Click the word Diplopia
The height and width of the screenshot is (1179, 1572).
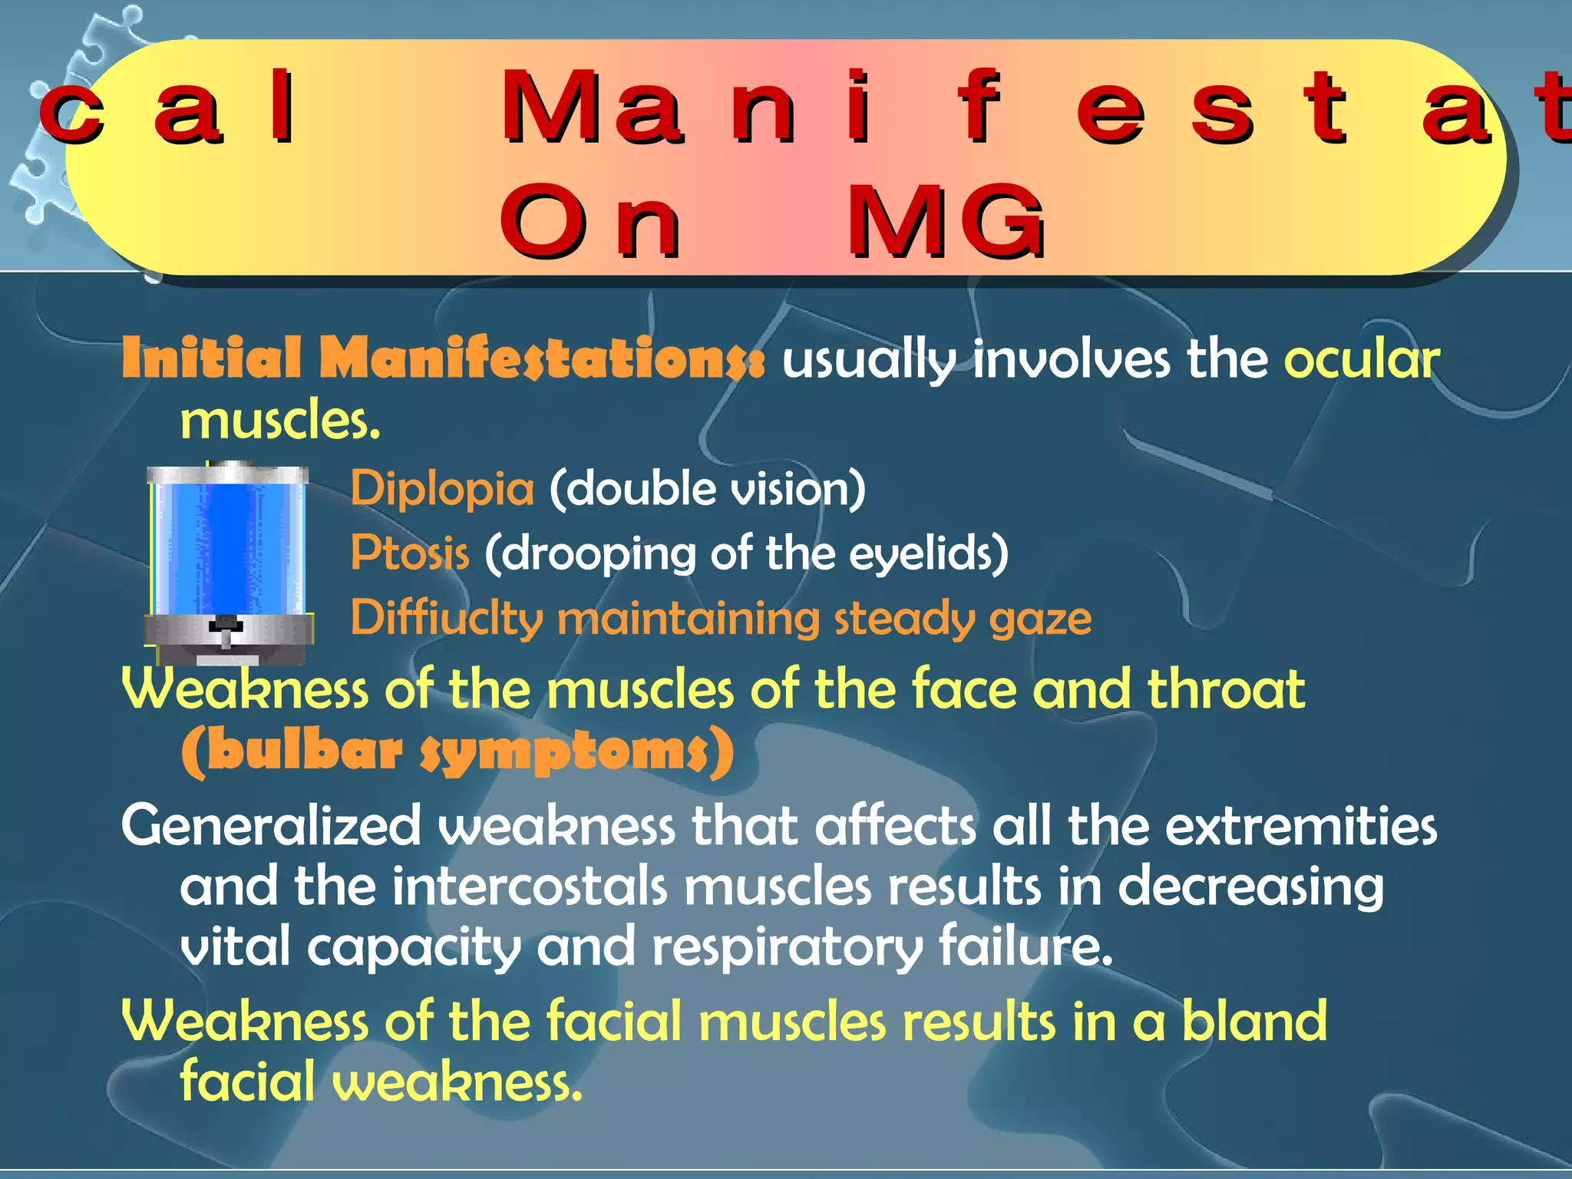click(442, 489)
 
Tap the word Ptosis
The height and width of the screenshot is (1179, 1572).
click(409, 553)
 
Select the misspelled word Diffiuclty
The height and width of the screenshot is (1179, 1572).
click(447, 619)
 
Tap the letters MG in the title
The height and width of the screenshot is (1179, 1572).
click(946, 223)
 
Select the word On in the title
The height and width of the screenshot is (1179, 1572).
click(589, 223)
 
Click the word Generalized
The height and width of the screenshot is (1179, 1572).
click(271, 827)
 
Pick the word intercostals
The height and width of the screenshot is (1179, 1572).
click(530, 887)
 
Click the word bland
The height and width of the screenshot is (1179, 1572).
click(1253, 1021)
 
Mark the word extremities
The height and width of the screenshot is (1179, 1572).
click(1301, 827)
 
